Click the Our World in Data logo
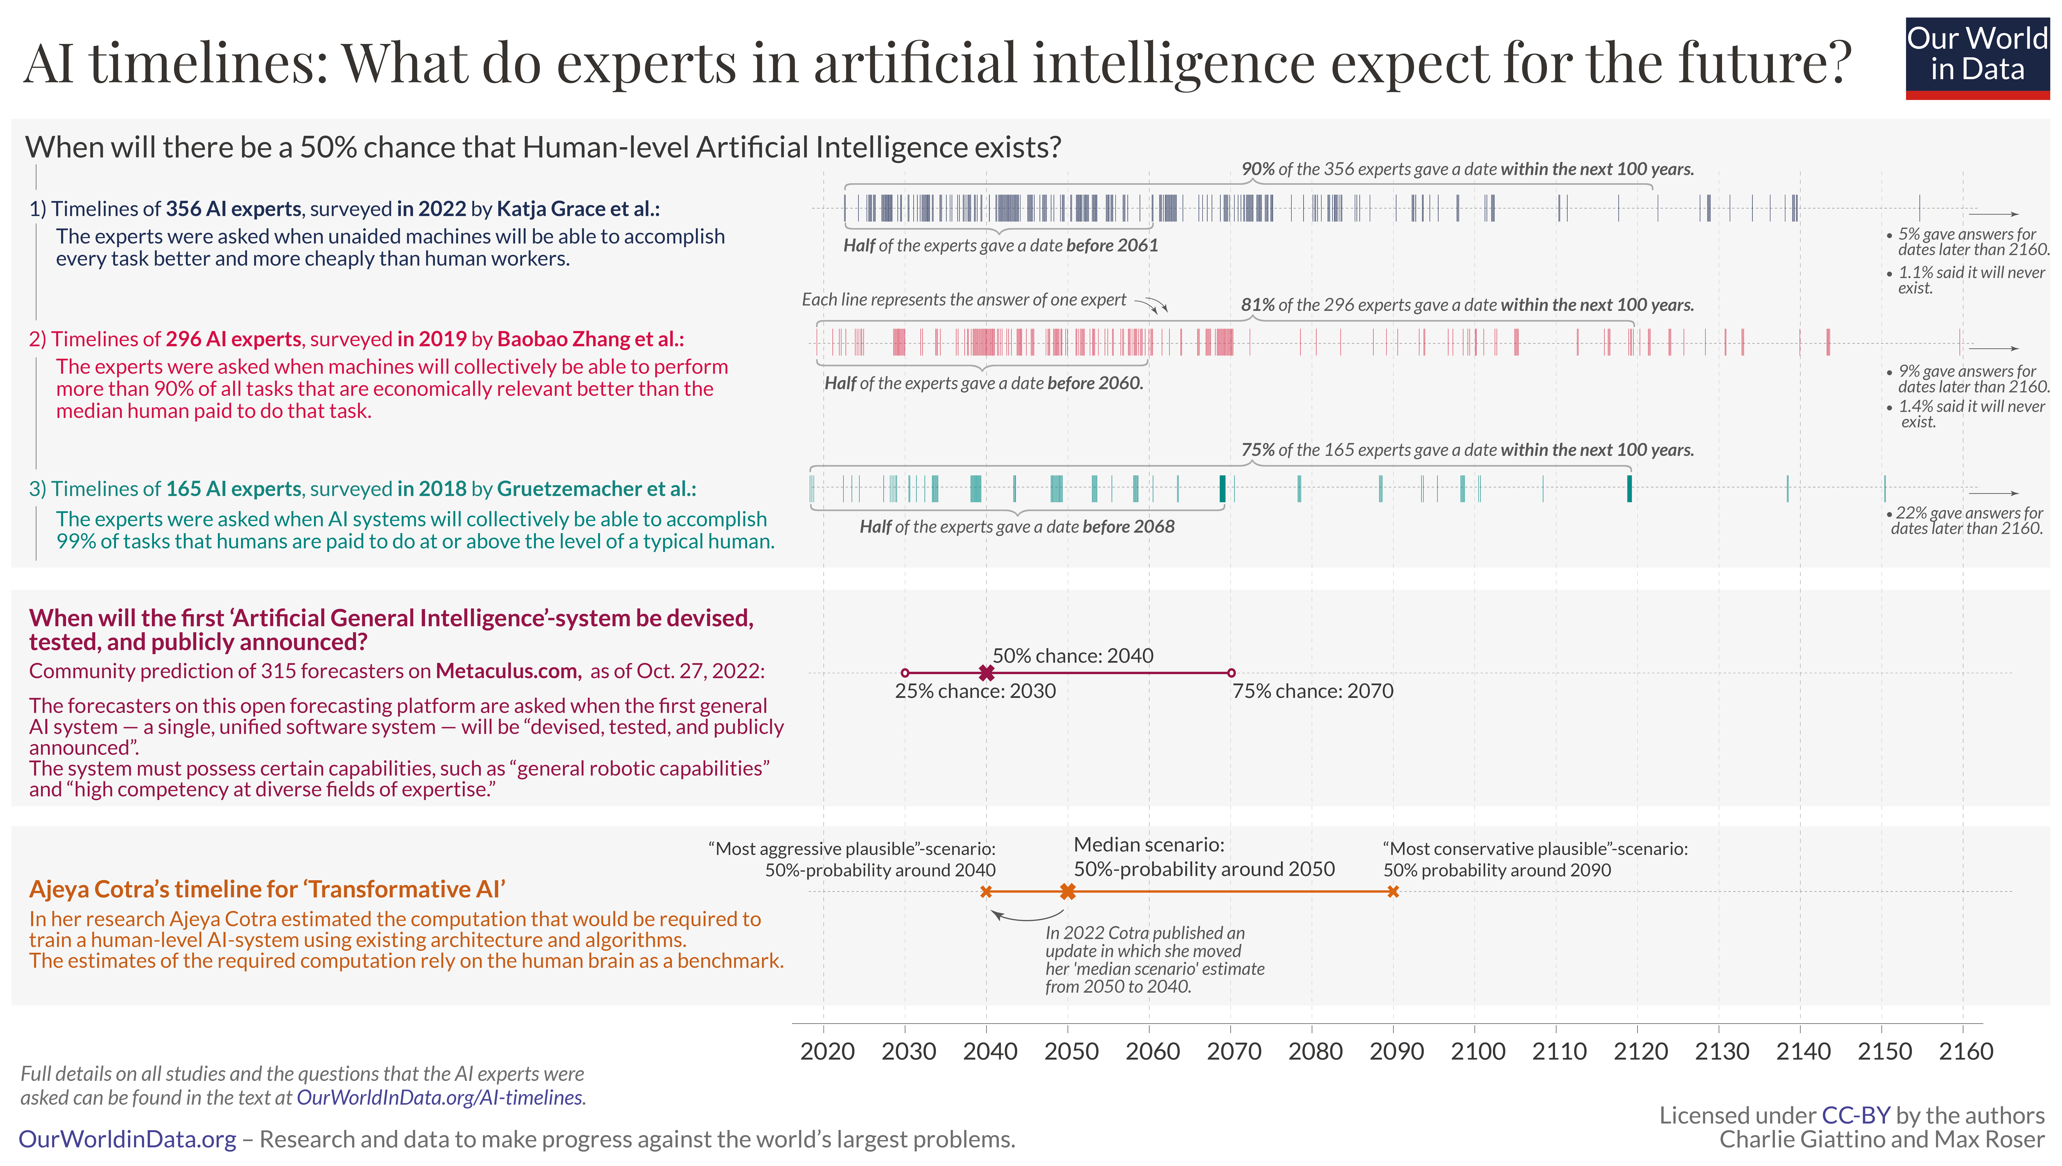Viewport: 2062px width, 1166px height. point(1976,58)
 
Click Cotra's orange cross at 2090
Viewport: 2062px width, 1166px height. point(1393,891)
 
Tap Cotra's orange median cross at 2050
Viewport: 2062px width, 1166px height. point(1068,891)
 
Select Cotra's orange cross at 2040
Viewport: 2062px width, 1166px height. point(986,891)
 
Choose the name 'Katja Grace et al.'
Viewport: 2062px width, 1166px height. point(578,209)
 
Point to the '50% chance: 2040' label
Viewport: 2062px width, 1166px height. point(1073,656)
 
